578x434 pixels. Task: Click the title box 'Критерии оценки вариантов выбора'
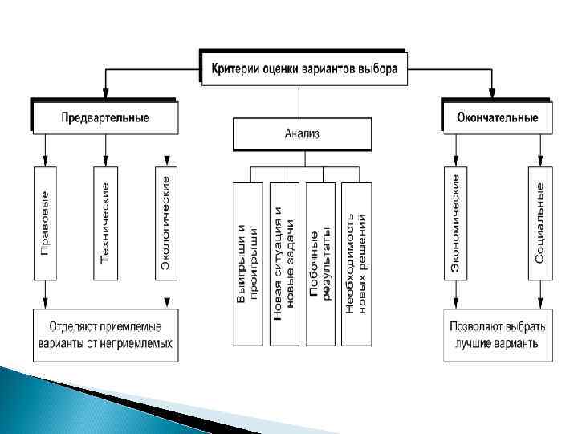click(x=304, y=68)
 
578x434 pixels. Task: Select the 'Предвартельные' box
click(x=104, y=117)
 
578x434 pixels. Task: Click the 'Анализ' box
click(x=302, y=134)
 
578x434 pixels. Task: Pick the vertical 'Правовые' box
click(x=45, y=223)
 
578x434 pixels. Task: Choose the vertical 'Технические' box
click(x=105, y=223)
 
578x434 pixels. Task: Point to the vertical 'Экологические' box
click(x=166, y=223)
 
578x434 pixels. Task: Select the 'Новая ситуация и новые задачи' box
click(x=285, y=264)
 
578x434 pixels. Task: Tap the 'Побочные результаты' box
click(x=320, y=264)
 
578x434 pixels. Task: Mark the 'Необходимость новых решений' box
click(x=356, y=264)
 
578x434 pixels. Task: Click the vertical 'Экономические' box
click(x=455, y=223)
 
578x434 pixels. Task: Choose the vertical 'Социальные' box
click(x=540, y=223)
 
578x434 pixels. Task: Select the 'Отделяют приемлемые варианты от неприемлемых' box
click(x=105, y=335)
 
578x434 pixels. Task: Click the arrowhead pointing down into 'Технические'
click(x=105, y=161)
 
